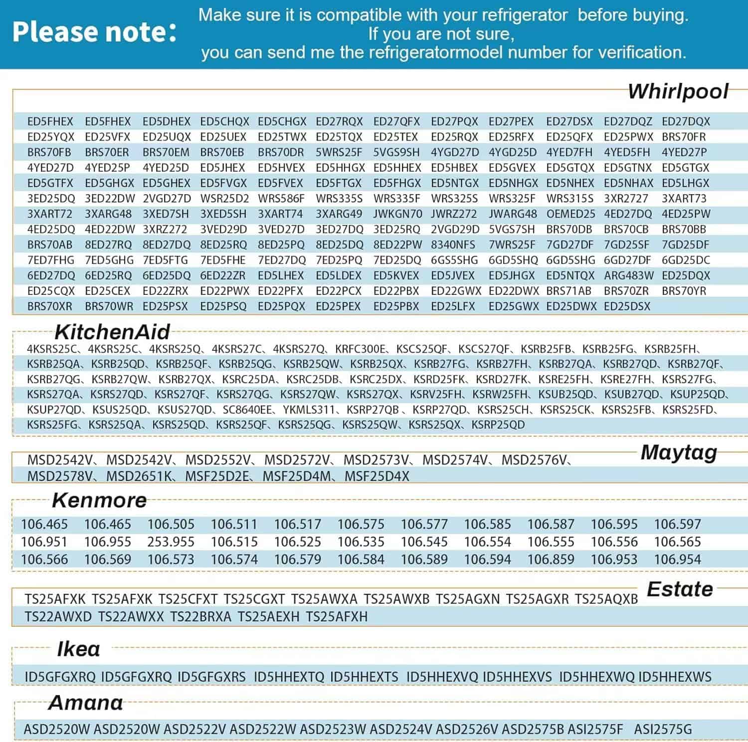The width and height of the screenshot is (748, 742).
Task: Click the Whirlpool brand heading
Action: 678,92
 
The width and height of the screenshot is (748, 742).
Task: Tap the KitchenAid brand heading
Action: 112,332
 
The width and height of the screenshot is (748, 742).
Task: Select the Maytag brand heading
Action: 679,453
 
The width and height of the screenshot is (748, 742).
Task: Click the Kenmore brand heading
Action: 99,500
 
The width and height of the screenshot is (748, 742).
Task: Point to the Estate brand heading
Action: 680,589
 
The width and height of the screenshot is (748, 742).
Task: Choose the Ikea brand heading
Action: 78,649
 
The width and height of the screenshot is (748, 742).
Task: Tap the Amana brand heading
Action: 86,703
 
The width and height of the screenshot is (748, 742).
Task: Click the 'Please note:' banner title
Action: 94,32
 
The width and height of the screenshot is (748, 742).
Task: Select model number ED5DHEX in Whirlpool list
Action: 167,121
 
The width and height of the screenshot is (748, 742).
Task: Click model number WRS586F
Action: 281,199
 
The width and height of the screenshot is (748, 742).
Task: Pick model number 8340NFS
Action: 453,245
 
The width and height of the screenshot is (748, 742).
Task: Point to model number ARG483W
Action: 628,275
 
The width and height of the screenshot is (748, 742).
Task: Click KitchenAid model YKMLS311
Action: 309,410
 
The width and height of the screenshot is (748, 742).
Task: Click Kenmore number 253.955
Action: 171,542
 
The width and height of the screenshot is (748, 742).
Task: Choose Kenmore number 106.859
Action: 551,559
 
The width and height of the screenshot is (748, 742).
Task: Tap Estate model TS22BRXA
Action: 200,617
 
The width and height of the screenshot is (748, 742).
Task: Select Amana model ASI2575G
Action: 663,730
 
